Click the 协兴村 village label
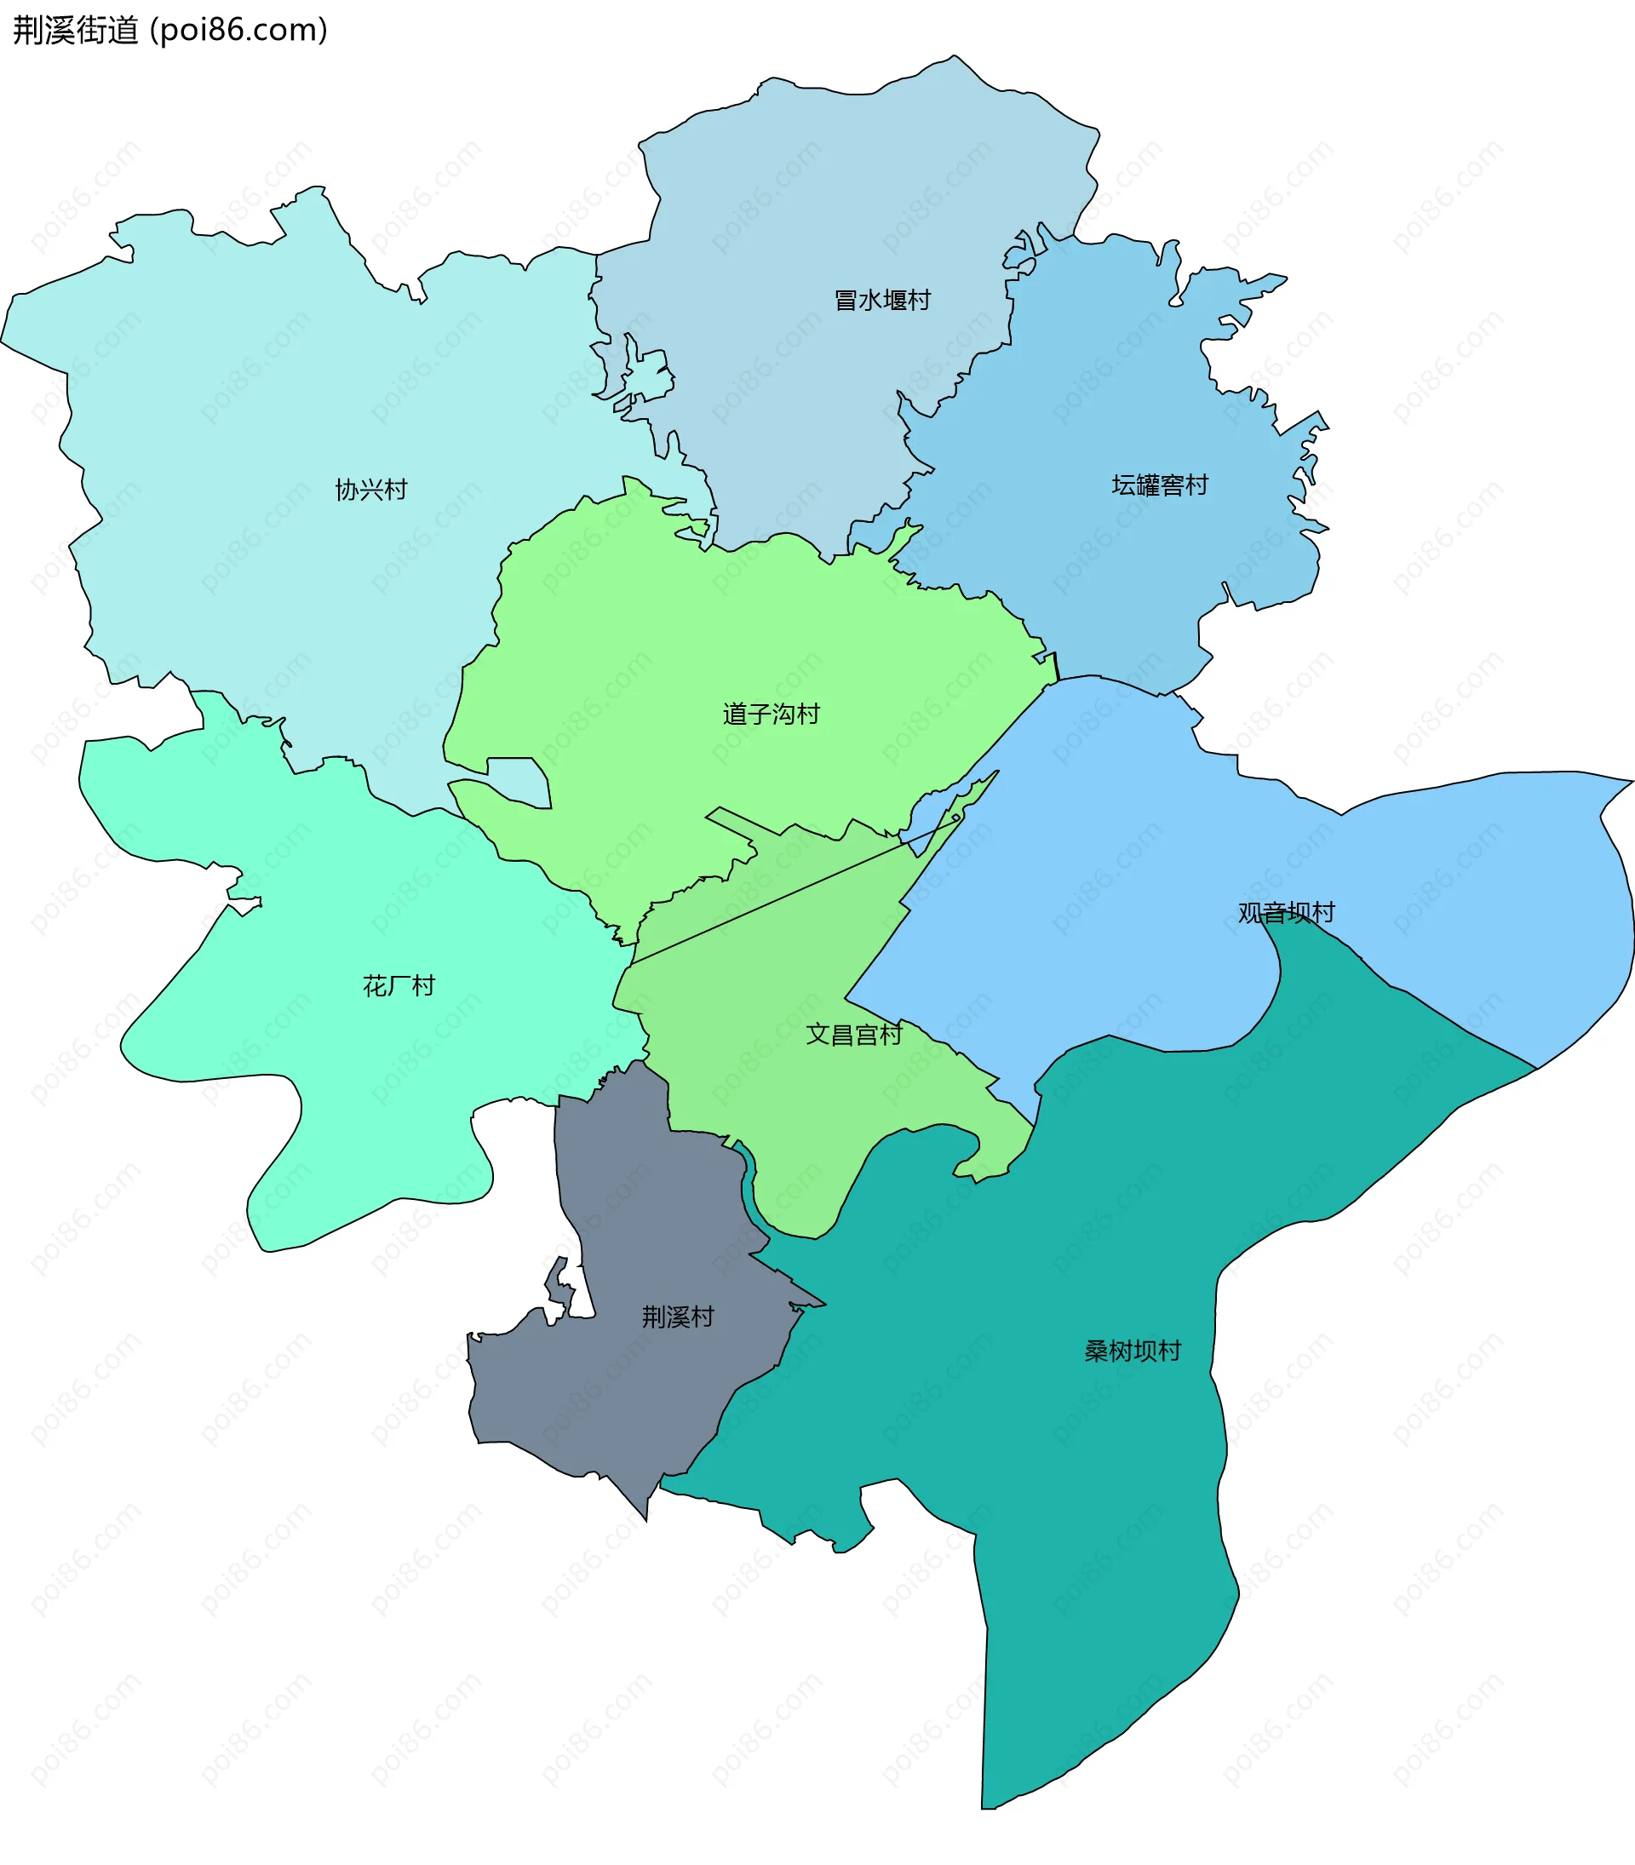tap(370, 490)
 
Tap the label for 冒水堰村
tap(881, 300)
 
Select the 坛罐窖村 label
tap(1159, 485)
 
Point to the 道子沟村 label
tap(771, 714)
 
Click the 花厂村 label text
tap(399, 985)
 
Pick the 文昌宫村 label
tap(853, 1034)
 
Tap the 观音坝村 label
tap(1286, 912)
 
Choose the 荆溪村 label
tap(677, 1317)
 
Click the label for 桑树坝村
tap(1133, 1351)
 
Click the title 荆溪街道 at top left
tap(75, 30)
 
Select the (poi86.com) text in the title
tap(239, 30)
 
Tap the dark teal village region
tap(1095, 1506)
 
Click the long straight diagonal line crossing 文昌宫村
tap(794, 891)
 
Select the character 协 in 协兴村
tap(347, 490)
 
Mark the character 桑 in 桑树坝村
tap(1096, 1351)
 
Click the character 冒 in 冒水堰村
tap(846, 300)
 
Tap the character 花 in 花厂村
tap(375, 985)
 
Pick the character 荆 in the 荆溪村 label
tap(653, 1317)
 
